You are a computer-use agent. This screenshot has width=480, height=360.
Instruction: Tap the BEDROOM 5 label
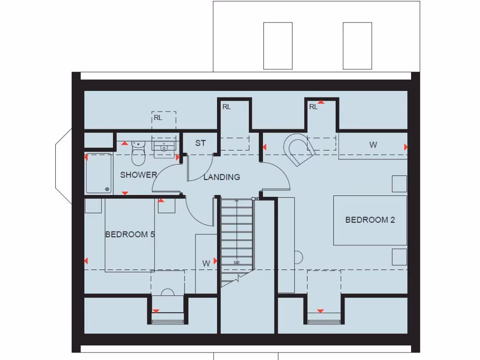click(130, 234)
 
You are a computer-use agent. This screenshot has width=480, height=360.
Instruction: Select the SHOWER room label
click(138, 175)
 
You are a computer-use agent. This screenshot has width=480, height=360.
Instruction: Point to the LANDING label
click(222, 177)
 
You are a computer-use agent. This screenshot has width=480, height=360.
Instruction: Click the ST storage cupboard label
click(201, 143)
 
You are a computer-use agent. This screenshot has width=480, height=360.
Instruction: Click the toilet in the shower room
click(137, 153)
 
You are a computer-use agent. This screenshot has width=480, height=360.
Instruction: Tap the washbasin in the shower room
click(164, 146)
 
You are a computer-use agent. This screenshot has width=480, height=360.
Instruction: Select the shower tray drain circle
click(108, 190)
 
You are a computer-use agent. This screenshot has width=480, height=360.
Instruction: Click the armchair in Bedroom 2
click(298, 149)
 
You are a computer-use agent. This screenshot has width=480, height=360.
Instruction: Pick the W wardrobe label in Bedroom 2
click(373, 145)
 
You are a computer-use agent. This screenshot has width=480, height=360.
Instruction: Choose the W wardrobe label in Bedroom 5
click(206, 263)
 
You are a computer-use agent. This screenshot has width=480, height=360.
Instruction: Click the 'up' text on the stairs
click(236, 262)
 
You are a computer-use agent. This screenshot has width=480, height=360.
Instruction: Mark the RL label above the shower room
click(158, 118)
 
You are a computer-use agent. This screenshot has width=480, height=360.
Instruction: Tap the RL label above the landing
click(227, 107)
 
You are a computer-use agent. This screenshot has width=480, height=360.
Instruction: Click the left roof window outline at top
click(278, 45)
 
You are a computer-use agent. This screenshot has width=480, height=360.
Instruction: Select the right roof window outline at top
click(357, 45)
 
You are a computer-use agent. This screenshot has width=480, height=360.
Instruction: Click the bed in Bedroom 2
click(369, 220)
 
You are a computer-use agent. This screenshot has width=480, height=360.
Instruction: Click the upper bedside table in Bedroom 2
click(399, 183)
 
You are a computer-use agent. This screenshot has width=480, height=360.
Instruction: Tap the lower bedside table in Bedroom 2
click(399, 257)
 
